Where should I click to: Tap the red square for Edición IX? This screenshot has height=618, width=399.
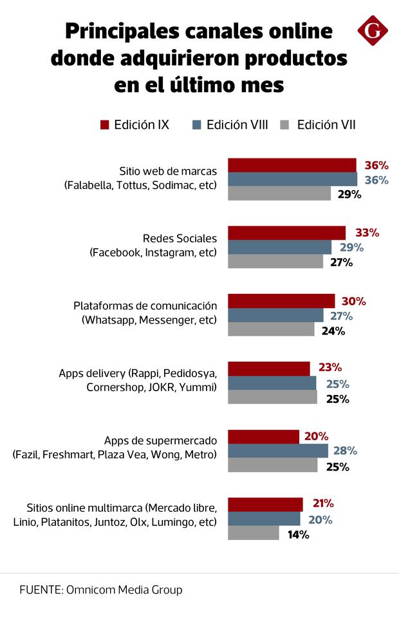coord(105,125)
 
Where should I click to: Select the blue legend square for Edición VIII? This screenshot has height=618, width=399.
coord(197,125)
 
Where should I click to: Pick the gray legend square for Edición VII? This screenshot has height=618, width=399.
coord(288,125)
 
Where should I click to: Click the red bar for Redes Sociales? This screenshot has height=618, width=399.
coord(286,233)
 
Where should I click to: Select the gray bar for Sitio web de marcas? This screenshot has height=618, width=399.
coord(279,193)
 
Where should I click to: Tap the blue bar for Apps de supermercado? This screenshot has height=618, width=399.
coord(278,450)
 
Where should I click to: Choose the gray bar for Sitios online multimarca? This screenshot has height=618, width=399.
coord(254,533)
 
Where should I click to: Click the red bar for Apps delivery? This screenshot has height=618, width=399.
coord(269,368)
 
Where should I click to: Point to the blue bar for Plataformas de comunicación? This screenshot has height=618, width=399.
coord(275,315)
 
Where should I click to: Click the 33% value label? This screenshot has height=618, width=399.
coord(367,233)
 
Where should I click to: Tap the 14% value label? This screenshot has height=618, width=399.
coord(299,534)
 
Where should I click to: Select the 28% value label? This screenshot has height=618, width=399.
coord(345,450)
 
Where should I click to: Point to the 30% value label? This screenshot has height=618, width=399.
coord(354,301)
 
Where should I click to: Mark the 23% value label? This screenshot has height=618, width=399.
coord(329,368)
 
